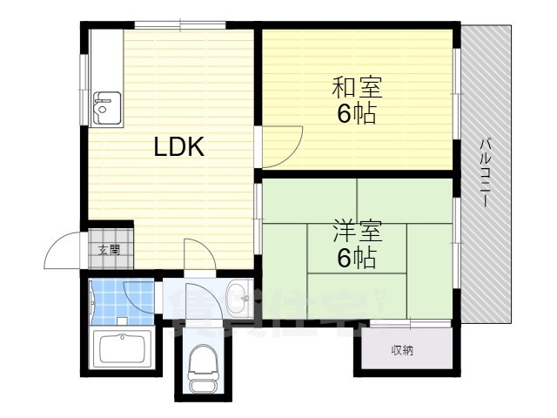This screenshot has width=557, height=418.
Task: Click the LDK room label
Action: (179, 147)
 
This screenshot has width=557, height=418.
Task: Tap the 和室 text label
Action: (357, 87)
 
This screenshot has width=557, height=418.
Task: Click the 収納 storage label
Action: (402, 350)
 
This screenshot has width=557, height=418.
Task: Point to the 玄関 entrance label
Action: (109, 251)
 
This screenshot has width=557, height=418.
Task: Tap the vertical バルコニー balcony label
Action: (486, 170)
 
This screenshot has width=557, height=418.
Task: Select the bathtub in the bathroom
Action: (123, 350)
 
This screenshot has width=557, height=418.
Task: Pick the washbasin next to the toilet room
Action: (235, 299)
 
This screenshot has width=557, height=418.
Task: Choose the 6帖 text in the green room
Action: (357, 258)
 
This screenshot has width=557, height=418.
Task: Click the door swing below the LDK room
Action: (200, 255)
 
